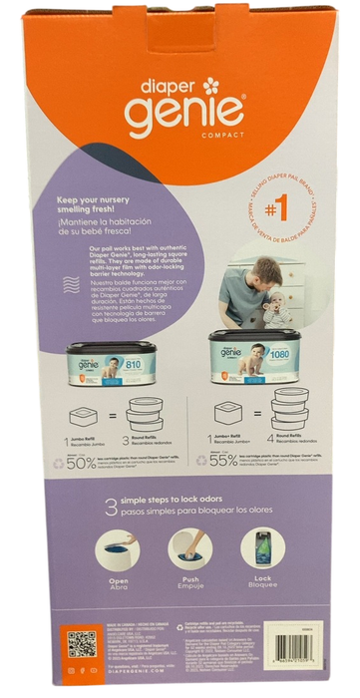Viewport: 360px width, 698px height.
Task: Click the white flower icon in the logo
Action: tap(209, 85)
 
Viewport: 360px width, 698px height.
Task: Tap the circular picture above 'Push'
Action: tap(189, 551)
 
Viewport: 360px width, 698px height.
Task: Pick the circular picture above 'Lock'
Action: tap(261, 551)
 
